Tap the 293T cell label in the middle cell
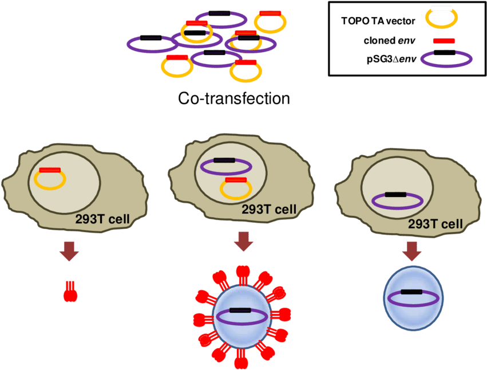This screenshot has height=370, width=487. coord(269,210)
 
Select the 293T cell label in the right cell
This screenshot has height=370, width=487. coord(435,223)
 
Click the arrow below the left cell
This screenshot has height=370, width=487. coord(70,251)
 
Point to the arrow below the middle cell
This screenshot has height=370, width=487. coord(244,241)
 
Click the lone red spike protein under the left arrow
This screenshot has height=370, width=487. coord(70,292)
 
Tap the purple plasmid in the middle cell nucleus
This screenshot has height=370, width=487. coord(227,167)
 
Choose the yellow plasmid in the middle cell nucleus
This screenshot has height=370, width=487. coord(236,188)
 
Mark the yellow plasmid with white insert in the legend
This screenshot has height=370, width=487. coord(441,17)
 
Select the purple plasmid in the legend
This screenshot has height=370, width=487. coord(446,58)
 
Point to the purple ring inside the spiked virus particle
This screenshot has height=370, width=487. coord(240,317)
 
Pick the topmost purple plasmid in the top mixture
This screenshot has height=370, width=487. coord(221,19)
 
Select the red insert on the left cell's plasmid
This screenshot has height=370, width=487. coord(50,170)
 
